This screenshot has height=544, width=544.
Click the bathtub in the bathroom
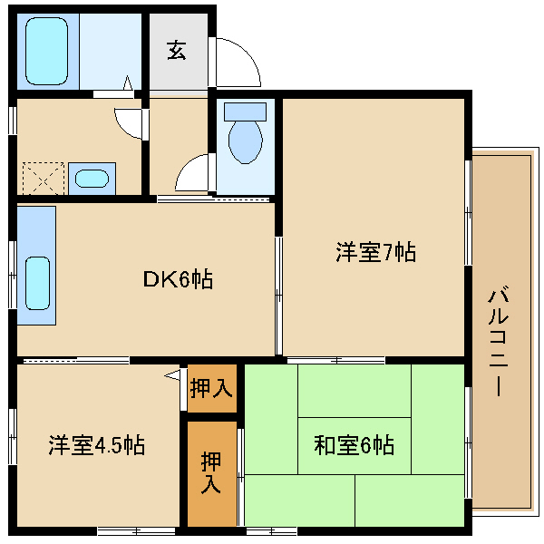pyautogui.click(x=46, y=51)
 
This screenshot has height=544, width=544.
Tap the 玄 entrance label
pyautogui.click(x=177, y=50)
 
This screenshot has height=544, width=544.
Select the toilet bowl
pyautogui.click(x=246, y=142)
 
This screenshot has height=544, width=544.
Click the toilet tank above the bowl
pyautogui.click(x=246, y=112)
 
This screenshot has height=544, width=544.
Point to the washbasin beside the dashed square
pyautogui.click(x=92, y=179)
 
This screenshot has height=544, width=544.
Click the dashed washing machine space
pyautogui.click(x=44, y=179)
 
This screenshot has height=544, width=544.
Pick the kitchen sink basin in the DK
pyautogui.click(x=37, y=283)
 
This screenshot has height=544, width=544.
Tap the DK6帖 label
pyautogui.click(x=178, y=279)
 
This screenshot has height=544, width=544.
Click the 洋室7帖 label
pyautogui.click(x=375, y=252)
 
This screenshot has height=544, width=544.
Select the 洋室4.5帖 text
pyautogui.click(x=97, y=445)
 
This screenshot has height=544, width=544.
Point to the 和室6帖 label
pyautogui.click(x=354, y=445)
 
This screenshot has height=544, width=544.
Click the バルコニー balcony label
pyautogui.click(x=499, y=341)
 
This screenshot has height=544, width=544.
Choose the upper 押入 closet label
pyautogui.click(x=211, y=388)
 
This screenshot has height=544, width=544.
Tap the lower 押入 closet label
pyautogui.click(x=211, y=472)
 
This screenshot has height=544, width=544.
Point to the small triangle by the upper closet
pyautogui.click(x=172, y=375)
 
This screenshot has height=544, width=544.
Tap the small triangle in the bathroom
pyautogui.click(x=128, y=83)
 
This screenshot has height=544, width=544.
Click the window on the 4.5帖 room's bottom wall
pyautogui.click(x=136, y=530)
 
